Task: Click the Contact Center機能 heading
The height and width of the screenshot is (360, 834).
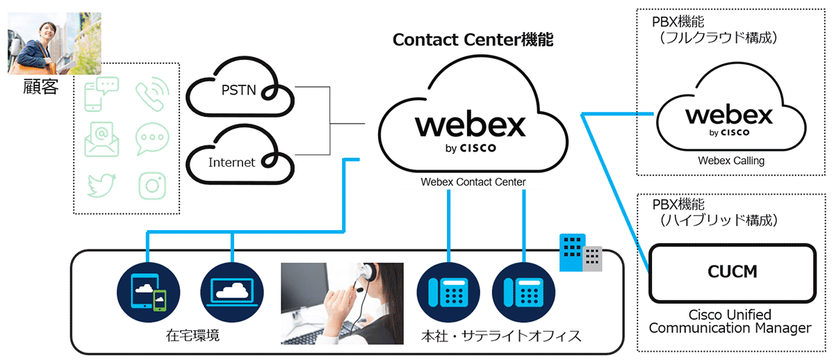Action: pos(473,40)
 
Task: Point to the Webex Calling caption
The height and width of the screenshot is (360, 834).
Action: pos(731,161)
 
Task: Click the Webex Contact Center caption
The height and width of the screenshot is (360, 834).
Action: pos(473,182)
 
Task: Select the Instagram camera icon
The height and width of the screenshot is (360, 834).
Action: pos(152,186)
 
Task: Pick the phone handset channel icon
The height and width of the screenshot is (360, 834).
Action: pos(151,96)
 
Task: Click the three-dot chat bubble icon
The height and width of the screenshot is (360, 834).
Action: pos(151,139)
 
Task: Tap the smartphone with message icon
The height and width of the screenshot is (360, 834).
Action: pos(101,96)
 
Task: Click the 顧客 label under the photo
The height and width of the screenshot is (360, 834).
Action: pos(40,88)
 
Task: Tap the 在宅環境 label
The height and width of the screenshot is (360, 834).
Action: pos(193,336)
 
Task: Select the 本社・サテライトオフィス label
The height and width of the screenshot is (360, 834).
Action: pos(501,336)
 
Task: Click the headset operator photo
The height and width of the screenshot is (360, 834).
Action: pos(342,304)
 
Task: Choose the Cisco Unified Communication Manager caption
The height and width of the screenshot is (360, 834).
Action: pos(730,321)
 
